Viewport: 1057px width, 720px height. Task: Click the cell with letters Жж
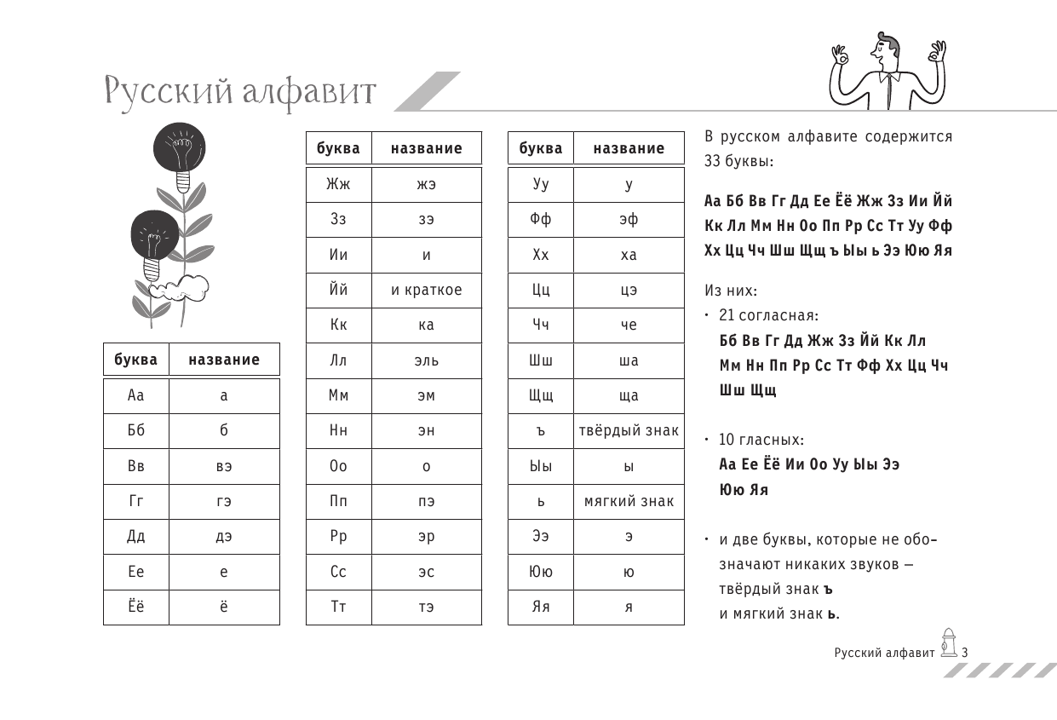tap(338, 184)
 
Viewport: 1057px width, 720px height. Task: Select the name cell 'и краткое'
tap(426, 290)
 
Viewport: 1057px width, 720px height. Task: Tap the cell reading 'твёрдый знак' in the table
tap(629, 430)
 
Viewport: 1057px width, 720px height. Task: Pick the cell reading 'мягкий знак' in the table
tap(629, 501)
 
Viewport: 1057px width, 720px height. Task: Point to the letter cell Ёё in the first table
tap(136, 607)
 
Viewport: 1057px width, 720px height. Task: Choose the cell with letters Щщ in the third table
tap(541, 395)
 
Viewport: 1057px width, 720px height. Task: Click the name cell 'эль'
tap(426, 360)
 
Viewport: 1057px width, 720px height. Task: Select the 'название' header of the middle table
tap(426, 148)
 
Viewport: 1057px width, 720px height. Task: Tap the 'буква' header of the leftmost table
tap(136, 360)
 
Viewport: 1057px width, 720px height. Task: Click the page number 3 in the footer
tap(965, 654)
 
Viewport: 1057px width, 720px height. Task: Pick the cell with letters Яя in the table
tap(541, 607)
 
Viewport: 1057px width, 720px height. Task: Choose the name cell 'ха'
tap(629, 255)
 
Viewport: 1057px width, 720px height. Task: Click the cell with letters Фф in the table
tap(541, 220)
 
